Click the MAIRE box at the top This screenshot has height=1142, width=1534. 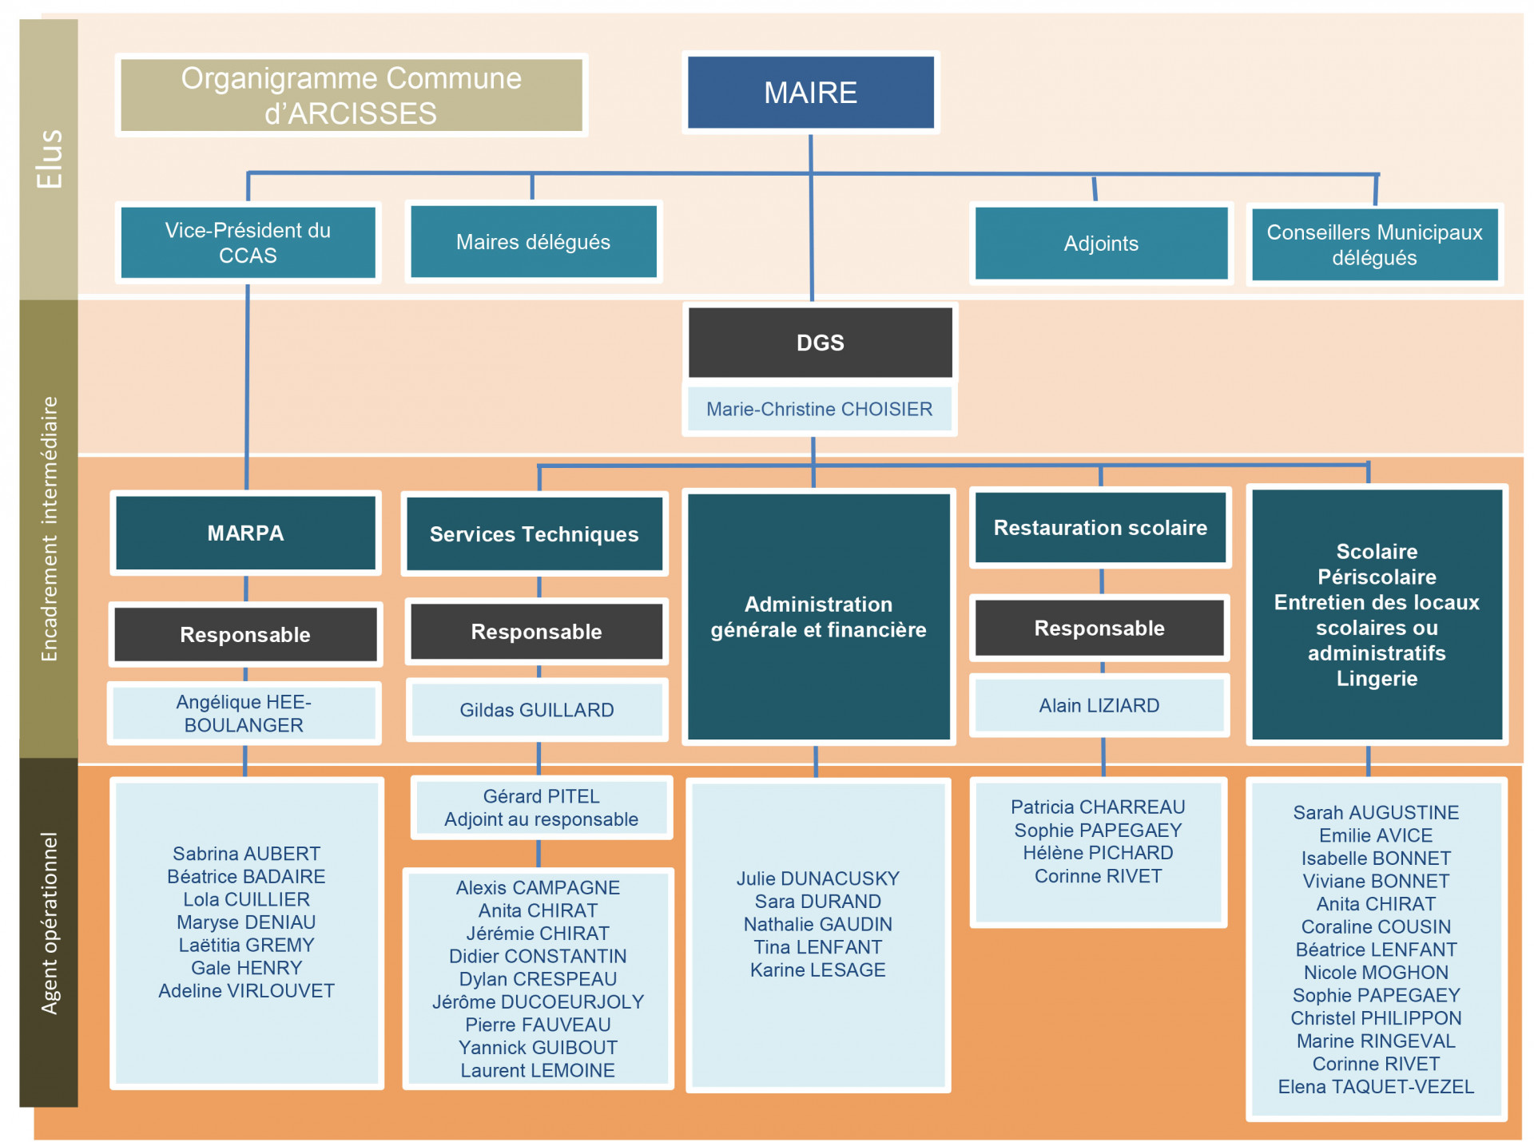coord(810,92)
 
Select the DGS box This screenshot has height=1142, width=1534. coord(820,343)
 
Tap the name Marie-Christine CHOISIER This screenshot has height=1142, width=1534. coord(819,409)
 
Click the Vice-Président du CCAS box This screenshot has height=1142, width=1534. coord(248,243)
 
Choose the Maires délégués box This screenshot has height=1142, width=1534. coord(533,242)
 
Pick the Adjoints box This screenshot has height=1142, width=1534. coord(1101,244)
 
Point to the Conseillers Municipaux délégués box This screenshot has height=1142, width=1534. coord(1374,244)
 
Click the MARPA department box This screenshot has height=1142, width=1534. coord(245,533)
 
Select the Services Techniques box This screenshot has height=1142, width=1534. coord(535,534)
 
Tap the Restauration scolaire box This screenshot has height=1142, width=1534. coord(1100,528)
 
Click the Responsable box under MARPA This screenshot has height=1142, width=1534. coord(245,635)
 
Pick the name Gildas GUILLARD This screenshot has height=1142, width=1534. coord(537,710)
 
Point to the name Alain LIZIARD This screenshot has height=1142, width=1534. coord(1099,705)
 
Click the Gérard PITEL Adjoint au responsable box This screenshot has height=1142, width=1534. coord(541,807)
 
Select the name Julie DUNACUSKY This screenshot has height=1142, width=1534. coord(817,878)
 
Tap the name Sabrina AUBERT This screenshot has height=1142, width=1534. coord(246,854)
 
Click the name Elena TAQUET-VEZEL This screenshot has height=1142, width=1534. coord(1376,1087)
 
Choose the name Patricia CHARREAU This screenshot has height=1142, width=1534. coord(1098,807)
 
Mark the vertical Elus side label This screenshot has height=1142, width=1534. coord(50,159)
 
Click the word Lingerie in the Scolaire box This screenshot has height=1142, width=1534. coord(1377,679)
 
